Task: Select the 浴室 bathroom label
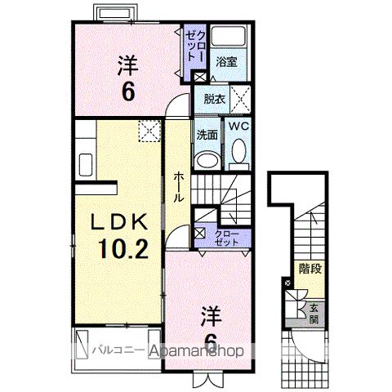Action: [226, 61]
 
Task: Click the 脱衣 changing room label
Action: [215, 100]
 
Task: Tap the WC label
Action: [237, 127]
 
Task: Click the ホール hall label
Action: [178, 188]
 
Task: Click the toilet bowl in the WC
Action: [238, 152]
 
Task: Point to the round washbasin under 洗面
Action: [207, 157]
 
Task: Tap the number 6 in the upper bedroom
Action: [128, 91]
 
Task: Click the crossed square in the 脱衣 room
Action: [241, 100]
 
